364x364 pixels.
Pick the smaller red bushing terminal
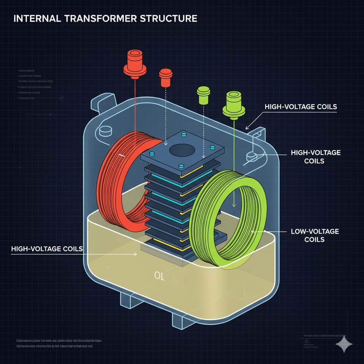coord(166,77)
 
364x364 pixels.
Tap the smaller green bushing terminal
coord(203,95)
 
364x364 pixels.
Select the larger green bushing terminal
coord(234,103)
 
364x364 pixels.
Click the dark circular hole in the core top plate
coord(181,150)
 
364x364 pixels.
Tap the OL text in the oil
coord(159,276)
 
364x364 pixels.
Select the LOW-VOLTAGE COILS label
coord(315,235)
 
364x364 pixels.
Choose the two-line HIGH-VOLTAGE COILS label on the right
coord(315,156)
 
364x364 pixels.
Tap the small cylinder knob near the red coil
coord(105,131)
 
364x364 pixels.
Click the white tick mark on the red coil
coord(122,155)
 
